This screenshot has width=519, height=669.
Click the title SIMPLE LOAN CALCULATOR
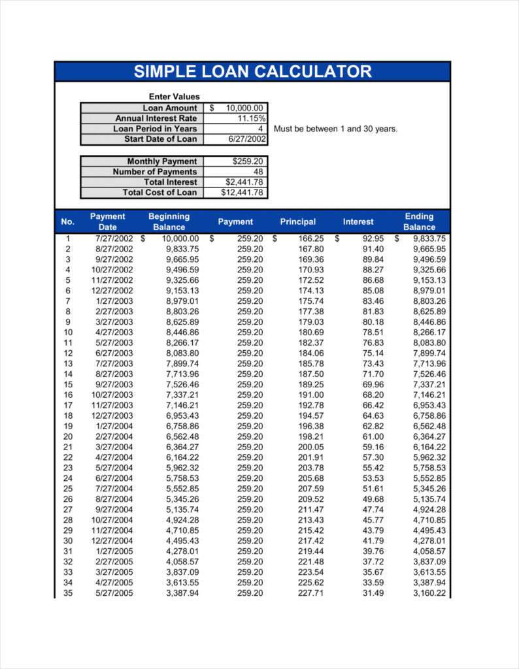pos(252,72)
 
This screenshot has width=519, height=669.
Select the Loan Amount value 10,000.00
pos(244,108)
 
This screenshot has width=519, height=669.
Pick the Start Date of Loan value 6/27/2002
pos(247,139)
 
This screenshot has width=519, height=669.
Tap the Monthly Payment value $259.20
pos(248,161)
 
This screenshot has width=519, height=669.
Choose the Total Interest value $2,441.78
pos(244,182)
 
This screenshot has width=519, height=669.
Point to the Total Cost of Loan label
pos(159,193)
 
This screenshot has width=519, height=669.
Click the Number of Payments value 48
pos(258,172)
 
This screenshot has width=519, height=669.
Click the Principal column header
pos(297,222)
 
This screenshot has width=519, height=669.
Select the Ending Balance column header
pos(419,221)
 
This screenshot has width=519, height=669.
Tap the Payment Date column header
pos(107,221)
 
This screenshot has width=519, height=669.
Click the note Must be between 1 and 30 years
pos(335,129)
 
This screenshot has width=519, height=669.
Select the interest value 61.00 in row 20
pos(373,436)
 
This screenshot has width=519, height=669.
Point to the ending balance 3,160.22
pos(429,593)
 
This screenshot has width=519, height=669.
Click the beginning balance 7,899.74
pos(182,364)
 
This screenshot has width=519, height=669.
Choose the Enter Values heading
pos(174,97)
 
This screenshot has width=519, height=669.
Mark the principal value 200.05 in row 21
pos(310,447)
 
